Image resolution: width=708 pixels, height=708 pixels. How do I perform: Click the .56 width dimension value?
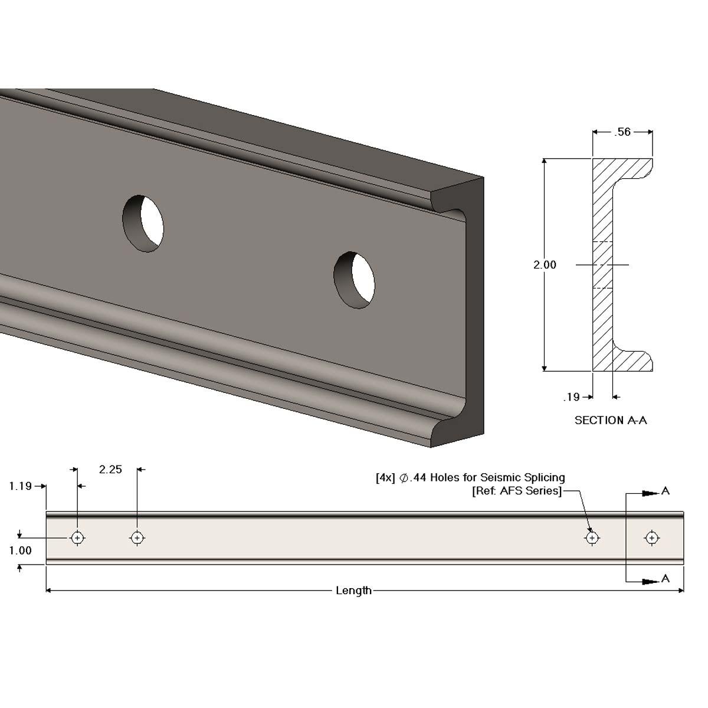[x=622, y=132]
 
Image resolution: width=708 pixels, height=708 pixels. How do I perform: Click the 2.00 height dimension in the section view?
[x=545, y=265]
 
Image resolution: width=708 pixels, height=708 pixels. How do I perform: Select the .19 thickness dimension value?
[x=571, y=397]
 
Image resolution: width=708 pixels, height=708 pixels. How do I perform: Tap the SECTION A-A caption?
[x=611, y=420]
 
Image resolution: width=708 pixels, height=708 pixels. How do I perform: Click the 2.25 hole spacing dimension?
[x=110, y=470]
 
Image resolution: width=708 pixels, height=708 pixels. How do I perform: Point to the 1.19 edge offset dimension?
[x=21, y=486]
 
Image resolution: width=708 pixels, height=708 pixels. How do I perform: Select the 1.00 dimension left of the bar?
[x=21, y=550]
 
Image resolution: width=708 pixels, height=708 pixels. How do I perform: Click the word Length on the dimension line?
[x=353, y=591]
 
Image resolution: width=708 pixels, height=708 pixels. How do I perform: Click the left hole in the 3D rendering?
[x=143, y=224]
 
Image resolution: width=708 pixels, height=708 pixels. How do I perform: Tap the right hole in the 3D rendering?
[x=354, y=280]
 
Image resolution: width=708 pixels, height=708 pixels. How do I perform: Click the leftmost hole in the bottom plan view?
[x=77, y=537]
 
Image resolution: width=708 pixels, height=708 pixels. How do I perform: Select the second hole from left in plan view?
[x=137, y=537]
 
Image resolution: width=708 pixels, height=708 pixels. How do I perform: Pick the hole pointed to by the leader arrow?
[x=592, y=537]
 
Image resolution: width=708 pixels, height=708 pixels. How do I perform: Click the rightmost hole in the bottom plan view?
[x=651, y=537]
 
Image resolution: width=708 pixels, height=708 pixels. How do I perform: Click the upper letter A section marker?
[x=666, y=491]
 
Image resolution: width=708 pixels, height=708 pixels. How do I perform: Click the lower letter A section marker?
[x=666, y=579]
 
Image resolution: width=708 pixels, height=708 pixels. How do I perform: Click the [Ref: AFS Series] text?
[x=516, y=491]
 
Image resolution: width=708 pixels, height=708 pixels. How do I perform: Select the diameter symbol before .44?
[x=405, y=478]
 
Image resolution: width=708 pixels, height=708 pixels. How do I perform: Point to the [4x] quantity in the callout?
[x=385, y=477]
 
